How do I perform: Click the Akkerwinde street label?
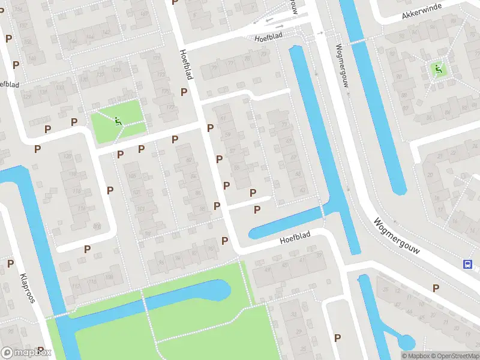pyautogui.click(x=422, y=13)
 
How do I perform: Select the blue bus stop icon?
pyautogui.click(x=467, y=263)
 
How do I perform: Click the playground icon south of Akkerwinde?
pyautogui.click(x=438, y=70)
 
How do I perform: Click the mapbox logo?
pyautogui.click(x=26, y=353)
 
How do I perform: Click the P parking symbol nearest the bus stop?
pyautogui.click(x=436, y=289)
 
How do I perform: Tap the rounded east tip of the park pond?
pyautogui.click(x=224, y=290)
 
